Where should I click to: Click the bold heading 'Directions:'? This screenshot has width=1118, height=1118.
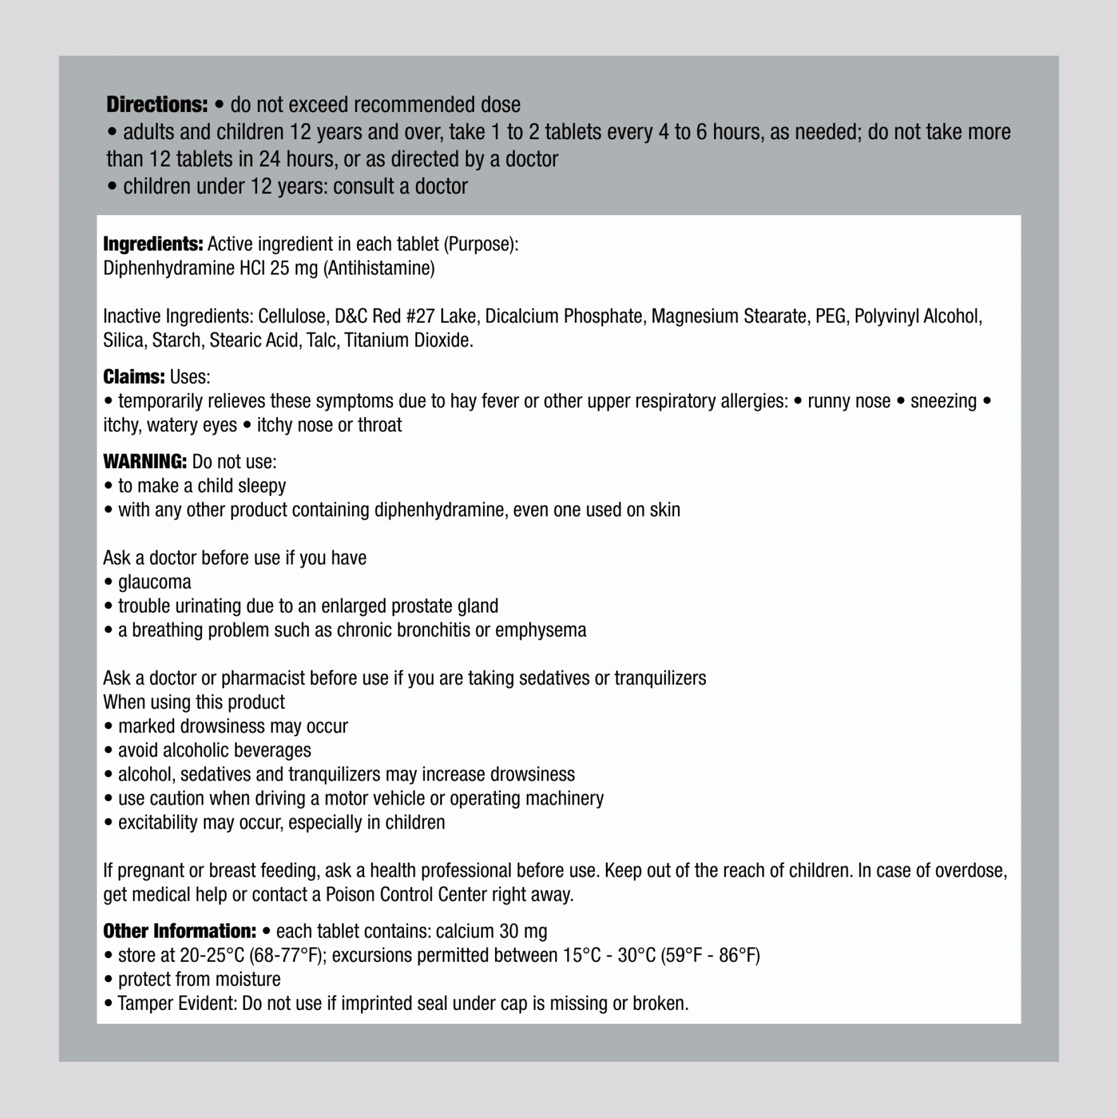pos(156,105)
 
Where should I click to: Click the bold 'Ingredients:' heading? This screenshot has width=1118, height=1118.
pos(153,244)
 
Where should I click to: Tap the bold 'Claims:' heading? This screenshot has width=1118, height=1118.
pos(134,377)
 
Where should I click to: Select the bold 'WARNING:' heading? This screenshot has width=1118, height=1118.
pos(145,461)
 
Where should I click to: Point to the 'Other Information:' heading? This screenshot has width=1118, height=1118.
pos(180,931)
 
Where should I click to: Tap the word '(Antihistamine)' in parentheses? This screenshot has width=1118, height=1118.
pos(378,269)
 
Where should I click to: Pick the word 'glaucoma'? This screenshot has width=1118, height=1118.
pos(154,582)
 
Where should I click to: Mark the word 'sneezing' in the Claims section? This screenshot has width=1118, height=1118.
pos(943,401)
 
